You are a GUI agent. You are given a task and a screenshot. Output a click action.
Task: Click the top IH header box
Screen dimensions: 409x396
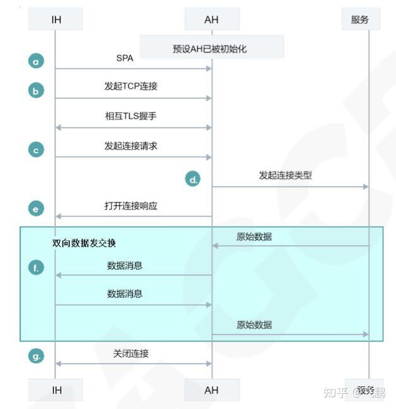pos(55,20)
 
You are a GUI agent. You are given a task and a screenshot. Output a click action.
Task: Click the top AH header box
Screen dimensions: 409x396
pos(212,20)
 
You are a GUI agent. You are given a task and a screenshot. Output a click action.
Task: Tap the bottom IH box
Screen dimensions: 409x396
pos(55,390)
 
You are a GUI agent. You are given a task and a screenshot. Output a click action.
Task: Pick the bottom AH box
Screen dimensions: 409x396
pos(212,390)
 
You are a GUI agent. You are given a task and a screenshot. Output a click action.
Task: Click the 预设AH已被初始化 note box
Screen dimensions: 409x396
pos(211,49)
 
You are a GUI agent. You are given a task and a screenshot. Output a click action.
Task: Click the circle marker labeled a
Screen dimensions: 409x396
pos(37,61)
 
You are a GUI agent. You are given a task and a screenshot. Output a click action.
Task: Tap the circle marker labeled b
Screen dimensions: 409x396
pos(37,91)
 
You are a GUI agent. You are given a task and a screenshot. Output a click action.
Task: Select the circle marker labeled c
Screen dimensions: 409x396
pos(37,150)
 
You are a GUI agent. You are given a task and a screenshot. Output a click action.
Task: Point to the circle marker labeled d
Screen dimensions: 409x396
pos(193,179)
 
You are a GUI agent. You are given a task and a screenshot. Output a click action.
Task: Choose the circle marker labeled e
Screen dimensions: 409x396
pos(37,209)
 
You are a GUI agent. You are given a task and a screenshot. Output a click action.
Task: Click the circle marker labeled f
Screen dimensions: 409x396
pos(37,268)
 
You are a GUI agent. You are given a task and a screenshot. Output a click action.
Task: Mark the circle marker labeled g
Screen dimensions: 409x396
pos(37,356)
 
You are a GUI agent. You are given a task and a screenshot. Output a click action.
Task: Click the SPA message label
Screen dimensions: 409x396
pos(125,58)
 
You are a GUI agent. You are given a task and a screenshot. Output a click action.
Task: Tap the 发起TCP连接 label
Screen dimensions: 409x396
pos(131,86)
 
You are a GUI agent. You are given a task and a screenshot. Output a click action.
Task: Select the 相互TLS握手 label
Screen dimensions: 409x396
pos(131,116)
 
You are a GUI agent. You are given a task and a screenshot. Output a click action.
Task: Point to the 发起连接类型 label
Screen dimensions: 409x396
pos(285,175)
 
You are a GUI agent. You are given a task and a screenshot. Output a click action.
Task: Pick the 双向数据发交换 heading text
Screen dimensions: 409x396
pos(84,243)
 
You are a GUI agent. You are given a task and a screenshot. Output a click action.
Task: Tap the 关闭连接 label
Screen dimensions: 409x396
pos(131,354)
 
